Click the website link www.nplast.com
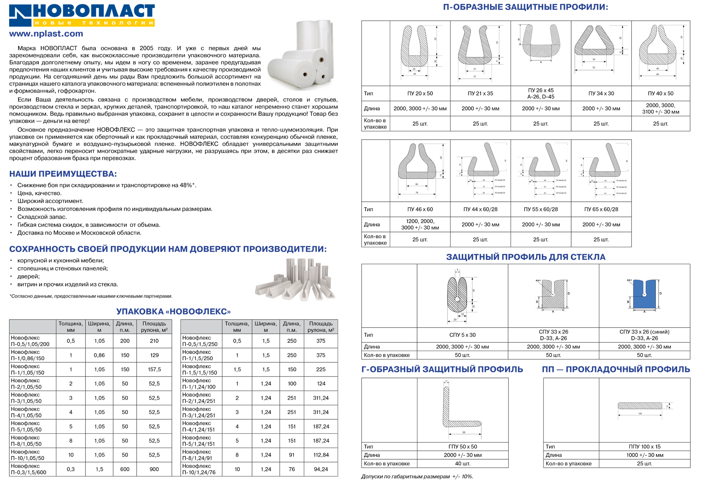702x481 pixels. pos(46,34)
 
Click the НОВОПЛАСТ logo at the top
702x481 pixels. pos(82,15)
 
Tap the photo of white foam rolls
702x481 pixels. pos(299,53)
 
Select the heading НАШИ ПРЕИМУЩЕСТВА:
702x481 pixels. pos(63,174)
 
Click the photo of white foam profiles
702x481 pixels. pos(296,279)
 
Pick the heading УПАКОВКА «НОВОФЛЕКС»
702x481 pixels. pos(173,311)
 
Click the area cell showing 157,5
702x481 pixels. pos(154,369)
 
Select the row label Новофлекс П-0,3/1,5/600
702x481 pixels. pos(28,469)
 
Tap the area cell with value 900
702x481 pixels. pos(154,469)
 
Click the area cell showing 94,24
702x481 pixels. pos(321,469)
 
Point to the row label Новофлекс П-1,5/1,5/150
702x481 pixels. pos(200,369)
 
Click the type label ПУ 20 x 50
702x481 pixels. pos(420,93)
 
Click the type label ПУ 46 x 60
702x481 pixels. pos(420,209)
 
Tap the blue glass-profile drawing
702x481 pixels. pos(644,296)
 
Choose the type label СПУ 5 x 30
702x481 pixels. pos(463,335)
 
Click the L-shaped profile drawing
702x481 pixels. pos(463,410)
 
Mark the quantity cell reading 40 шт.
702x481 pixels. pos(463,464)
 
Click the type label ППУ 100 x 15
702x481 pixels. pos(644,447)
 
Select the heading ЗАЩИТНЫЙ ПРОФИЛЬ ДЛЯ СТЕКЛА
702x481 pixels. pos(526,257)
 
